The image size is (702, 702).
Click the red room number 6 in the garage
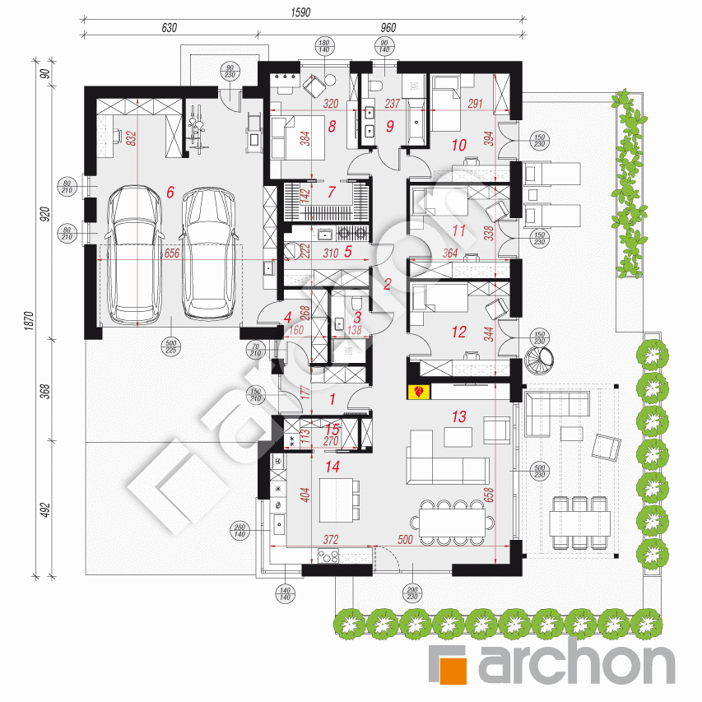coord(170,192)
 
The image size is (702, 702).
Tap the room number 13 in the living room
coord(459,417)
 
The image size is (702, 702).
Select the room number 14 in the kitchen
coord(332,467)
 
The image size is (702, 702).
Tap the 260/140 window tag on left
coord(239,531)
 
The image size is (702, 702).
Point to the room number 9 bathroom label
coord(390,127)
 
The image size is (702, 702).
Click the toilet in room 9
coord(374,86)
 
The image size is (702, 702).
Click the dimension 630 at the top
coord(169,27)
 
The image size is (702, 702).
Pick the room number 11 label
coord(459,232)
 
